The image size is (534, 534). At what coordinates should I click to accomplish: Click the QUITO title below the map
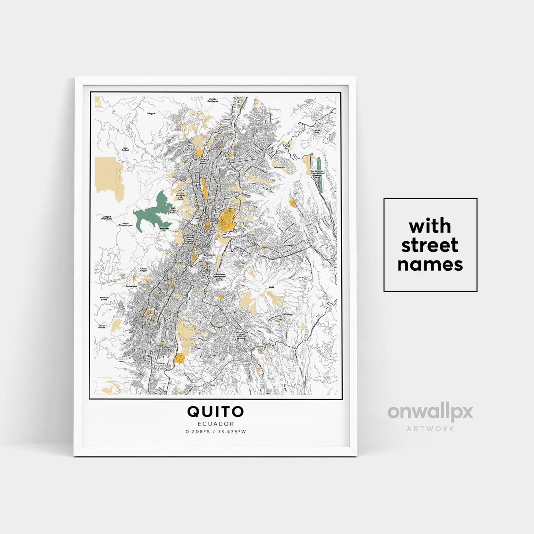click(x=215, y=411)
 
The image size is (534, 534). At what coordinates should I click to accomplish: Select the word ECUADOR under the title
click(x=215, y=424)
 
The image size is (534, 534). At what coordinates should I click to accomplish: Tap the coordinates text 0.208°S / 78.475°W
click(x=215, y=432)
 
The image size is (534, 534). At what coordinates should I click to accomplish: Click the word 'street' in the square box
click(x=430, y=245)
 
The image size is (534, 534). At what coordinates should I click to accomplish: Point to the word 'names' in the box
click(x=430, y=265)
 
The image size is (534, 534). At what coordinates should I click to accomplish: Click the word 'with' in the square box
click(x=430, y=226)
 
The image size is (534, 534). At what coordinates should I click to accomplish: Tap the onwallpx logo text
click(x=430, y=412)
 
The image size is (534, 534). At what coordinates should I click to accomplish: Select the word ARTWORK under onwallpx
click(x=430, y=428)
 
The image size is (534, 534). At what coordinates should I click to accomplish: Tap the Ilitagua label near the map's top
click(x=151, y=113)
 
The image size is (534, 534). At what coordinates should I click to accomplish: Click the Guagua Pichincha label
click(x=107, y=217)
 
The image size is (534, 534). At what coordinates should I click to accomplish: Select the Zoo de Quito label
click(x=318, y=132)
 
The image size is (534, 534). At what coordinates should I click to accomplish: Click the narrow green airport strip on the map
click(x=319, y=173)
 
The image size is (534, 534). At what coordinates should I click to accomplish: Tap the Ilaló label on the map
click(x=271, y=287)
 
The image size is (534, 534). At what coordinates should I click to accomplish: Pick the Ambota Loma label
click(x=104, y=299)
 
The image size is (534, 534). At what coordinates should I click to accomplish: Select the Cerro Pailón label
click(x=102, y=326)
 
